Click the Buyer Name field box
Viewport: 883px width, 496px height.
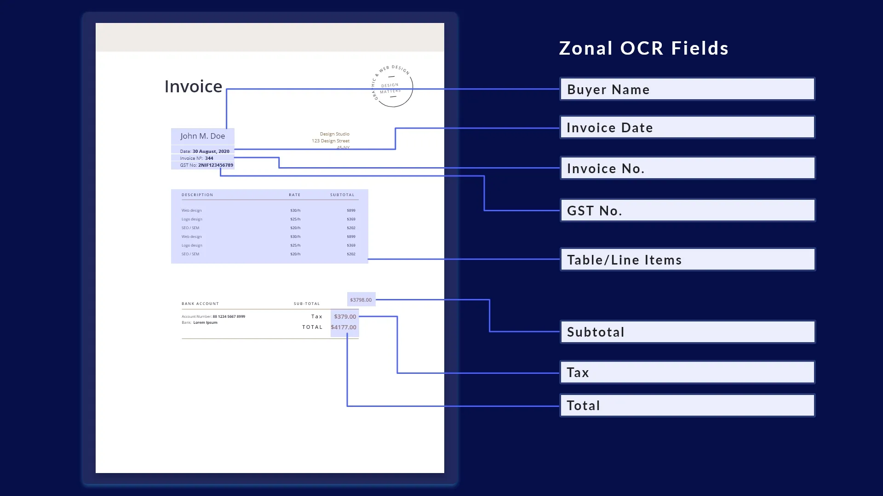pyautogui.click(x=687, y=89)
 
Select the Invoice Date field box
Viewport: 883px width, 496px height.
pyautogui.click(x=687, y=127)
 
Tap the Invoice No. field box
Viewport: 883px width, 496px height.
pyautogui.click(x=687, y=168)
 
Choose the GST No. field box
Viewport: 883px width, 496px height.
pyautogui.click(x=687, y=210)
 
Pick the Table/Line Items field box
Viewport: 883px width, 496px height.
pyautogui.click(x=687, y=259)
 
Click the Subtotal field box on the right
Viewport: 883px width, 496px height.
pyautogui.click(x=687, y=332)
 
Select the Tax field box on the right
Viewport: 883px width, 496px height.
pyautogui.click(x=687, y=372)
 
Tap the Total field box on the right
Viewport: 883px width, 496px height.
pyautogui.click(x=687, y=405)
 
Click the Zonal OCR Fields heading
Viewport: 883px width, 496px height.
pyautogui.click(x=643, y=48)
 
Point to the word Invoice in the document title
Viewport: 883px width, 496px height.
pyautogui.click(x=193, y=86)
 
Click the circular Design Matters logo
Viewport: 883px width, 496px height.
pyautogui.click(x=392, y=86)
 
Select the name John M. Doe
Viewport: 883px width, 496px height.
pyautogui.click(x=202, y=136)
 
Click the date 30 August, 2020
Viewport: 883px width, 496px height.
pyautogui.click(x=211, y=151)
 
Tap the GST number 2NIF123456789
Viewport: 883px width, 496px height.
pyautogui.click(x=215, y=165)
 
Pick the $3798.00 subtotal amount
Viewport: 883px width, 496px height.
pyautogui.click(x=361, y=299)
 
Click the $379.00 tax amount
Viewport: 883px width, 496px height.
pyautogui.click(x=345, y=316)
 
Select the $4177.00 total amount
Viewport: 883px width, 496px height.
pyautogui.click(x=344, y=327)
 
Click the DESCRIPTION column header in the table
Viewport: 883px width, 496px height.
pyautogui.click(x=197, y=195)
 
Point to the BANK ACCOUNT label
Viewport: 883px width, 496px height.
pyautogui.click(x=200, y=304)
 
